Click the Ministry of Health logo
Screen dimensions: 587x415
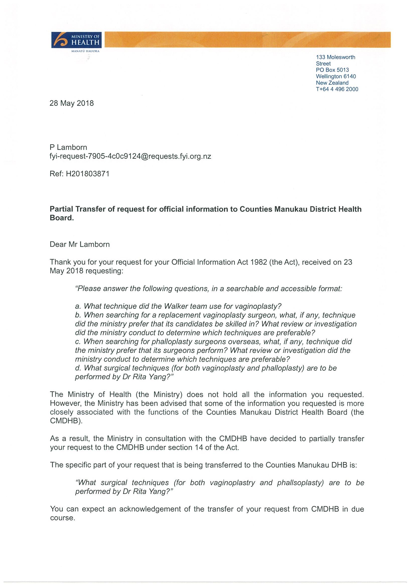[76, 40]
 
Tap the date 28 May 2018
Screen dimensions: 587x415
[72, 103]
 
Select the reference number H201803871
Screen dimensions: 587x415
[88, 174]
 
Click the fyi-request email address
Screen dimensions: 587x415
[130, 156]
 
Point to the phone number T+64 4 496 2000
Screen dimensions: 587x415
[337, 89]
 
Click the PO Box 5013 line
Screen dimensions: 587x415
[332, 70]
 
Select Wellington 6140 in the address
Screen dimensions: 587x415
[336, 76]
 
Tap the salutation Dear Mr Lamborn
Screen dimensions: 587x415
[80, 244]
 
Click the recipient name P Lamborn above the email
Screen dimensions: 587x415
[68, 147]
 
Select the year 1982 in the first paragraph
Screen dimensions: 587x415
[259, 262]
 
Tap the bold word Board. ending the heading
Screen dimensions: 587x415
[62, 218]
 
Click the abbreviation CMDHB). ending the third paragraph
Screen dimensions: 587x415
[66, 421]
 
